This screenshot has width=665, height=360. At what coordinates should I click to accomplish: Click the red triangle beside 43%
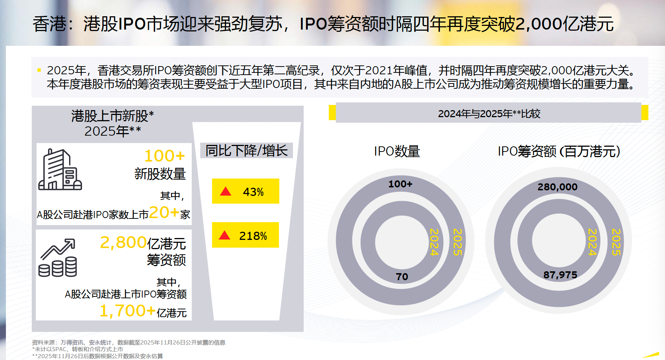[x=225, y=191]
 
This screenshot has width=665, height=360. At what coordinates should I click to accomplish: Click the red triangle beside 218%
[x=225, y=235]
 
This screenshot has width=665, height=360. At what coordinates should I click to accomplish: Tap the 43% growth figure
[x=253, y=192]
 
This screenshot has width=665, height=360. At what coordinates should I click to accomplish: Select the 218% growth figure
[x=253, y=236]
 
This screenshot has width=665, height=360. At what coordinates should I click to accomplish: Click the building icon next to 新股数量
[x=60, y=170]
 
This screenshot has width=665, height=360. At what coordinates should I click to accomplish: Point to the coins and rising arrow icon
[x=58, y=258]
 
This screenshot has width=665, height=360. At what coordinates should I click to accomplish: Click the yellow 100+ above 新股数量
[x=164, y=156]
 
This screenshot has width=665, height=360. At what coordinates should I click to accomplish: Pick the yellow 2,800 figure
[x=123, y=243]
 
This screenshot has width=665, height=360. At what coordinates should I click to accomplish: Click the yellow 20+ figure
[x=164, y=213]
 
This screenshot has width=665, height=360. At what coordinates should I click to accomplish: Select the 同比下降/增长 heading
[x=246, y=151]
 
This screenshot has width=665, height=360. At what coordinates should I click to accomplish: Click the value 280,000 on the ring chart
[x=557, y=187]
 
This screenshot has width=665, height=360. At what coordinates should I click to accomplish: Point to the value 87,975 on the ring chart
[x=560, y=275]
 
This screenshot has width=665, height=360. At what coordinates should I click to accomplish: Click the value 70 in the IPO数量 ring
[x=402, y=277]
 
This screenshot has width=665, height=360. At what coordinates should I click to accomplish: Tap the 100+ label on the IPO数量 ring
[x=400, y=184]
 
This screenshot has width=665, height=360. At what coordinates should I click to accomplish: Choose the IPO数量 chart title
[x=397, y=152]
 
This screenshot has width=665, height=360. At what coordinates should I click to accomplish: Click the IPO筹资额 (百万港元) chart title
[x=559, y=152]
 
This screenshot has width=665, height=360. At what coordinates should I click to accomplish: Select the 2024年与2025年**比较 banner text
[x=489, y=114]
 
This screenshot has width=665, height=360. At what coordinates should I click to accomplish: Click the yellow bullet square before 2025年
[x=39, y=70]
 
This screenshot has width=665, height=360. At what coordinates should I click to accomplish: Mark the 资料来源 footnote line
[x=129, y=343]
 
